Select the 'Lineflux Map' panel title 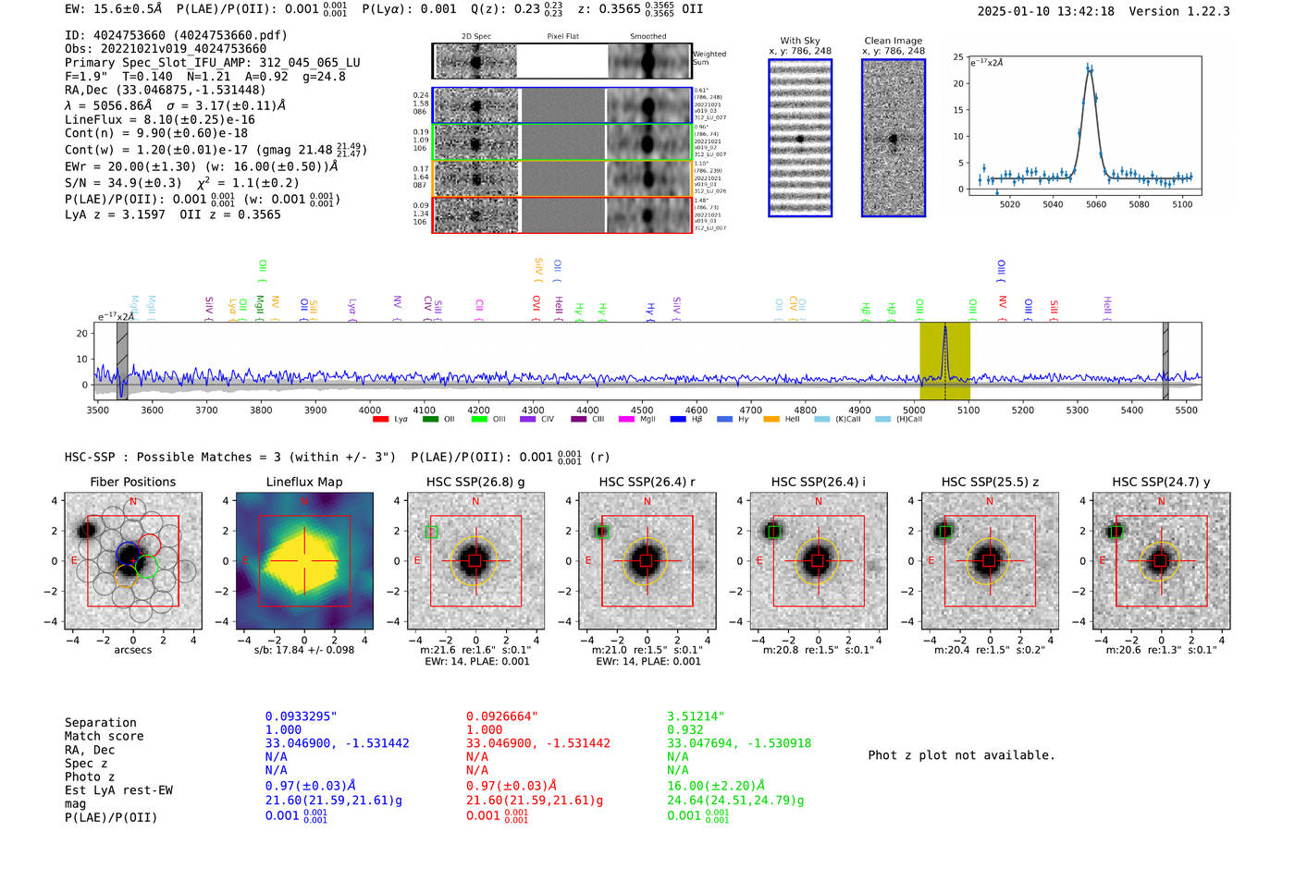click(x=304, y=482)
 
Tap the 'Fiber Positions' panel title click(x=132, y=482)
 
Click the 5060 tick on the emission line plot click(x=1096, y=204)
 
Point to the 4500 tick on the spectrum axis click(x=642, y=410)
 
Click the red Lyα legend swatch click(x=379, y=420)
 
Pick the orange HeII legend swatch click(x=771, y=420)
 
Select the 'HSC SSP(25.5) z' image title click(x=990, y=482)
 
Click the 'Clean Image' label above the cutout click(x=893, y=41)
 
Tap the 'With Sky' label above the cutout click(x=799, y=41)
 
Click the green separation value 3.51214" click(x=696, y=716)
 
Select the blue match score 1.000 click(x=283, y=729)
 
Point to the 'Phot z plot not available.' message click(x=961, y=755)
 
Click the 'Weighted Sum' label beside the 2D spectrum click(x=709, y=58)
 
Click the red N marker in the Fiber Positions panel click(x=133, y=502)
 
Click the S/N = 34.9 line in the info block click(x=181, y=183)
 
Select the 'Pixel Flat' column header click(x=562, y=37)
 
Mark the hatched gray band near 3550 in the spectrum click(x=122, y=360)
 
